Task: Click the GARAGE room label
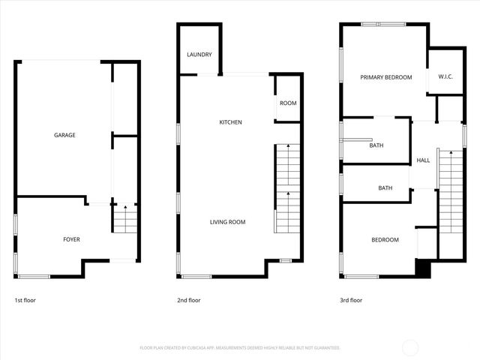pyautogui.click(x=64, y=136)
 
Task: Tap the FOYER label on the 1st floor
pyautogui.click(x=71, y=240)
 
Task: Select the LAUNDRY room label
pyautogui.click(x=199, y=55)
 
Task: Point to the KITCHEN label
pyautogui.click(x=230, y=122)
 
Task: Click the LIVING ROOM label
pyautogui.click(x=227, y=222)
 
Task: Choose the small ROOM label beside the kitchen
pyautogui.click(x=288, y=103)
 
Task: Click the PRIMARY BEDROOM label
pyautogui.click(x=385, y=77)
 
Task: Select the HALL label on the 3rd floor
pyautogui.click(x=423, y=160)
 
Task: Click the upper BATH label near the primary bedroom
pyautogui.click(x=376, y=145)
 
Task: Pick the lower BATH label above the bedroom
pyautogui.click(x=385, y=188)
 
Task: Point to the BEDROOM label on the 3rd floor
pyautogui.click(x=385, y=240)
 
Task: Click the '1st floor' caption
pyautogui.click(x=25, y=300)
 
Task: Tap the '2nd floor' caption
pyautogui.click(x=189, y=300)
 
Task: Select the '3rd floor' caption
pyautogui.click(x=350, y=300)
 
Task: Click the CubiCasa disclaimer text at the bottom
pyautogui.click(x=240, y=348)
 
